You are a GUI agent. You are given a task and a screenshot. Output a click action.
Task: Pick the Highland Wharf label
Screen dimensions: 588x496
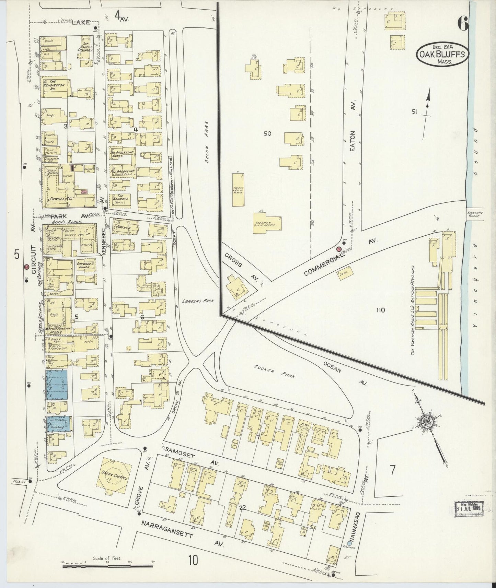click(x=475, y=213)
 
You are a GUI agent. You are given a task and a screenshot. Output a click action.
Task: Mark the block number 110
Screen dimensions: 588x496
click(x=380, y=310)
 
